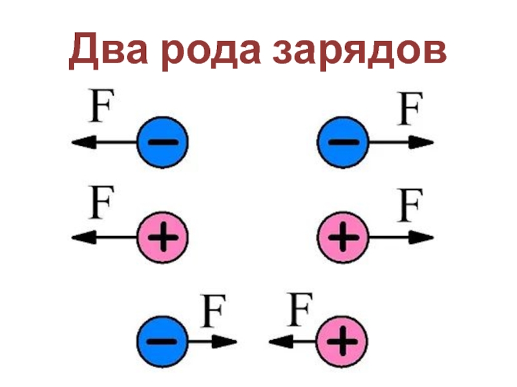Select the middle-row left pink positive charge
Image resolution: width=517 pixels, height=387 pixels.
point(162,238)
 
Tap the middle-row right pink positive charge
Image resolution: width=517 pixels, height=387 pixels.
point(343,238)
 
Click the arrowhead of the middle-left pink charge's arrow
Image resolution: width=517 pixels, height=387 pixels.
point(80,238)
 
